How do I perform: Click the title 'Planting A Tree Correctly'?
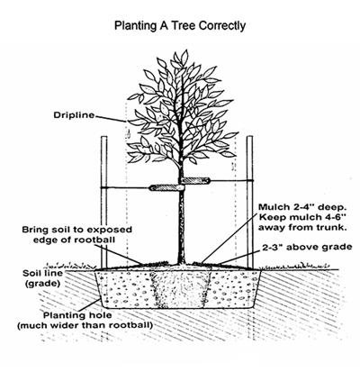click(x=179, y=26)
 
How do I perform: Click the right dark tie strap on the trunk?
click(x=194, y=182)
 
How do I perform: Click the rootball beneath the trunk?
click(x=180, y=287)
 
